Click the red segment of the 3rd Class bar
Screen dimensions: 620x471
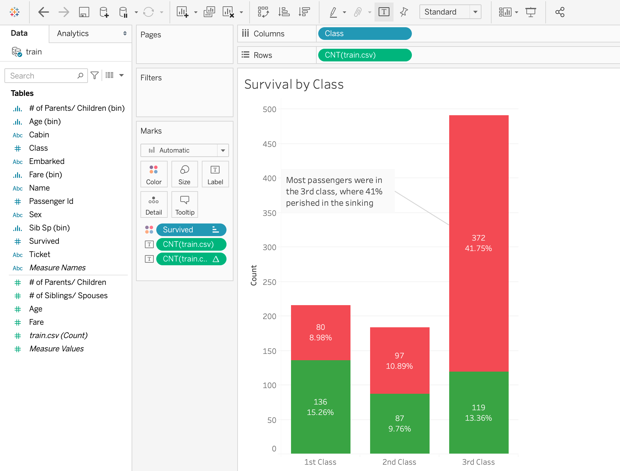click(x=479, y=243)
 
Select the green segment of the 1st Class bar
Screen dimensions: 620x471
click(x=320, y=407)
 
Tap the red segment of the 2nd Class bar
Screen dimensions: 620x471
click(x=400, y=361)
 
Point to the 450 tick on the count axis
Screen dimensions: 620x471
click(x=270, y=144)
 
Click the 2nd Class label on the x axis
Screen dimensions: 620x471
click(x=399, y=462)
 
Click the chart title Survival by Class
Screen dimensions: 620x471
click(x=294, y=85)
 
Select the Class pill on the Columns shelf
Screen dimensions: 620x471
click(x=365, y=34)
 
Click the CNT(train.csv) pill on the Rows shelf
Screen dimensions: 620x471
click(x=365, y=55)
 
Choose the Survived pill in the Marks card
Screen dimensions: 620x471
click(x=191, y=230)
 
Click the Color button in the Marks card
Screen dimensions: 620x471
click(x=154, y=174)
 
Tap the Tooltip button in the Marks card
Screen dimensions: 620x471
click(x=185, y=205)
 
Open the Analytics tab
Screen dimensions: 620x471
click(x=90, y=34)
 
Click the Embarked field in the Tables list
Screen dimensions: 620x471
click(x=46, y=161)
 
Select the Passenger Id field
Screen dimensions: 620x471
click(x=51, y=201)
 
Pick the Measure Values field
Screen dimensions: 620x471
click(x=56, y=349)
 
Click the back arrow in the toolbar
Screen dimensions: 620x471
click(x=43, y=12)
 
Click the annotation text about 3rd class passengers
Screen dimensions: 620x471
click(x=334, y=192)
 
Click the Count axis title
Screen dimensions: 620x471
click(x=254, y=275)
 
